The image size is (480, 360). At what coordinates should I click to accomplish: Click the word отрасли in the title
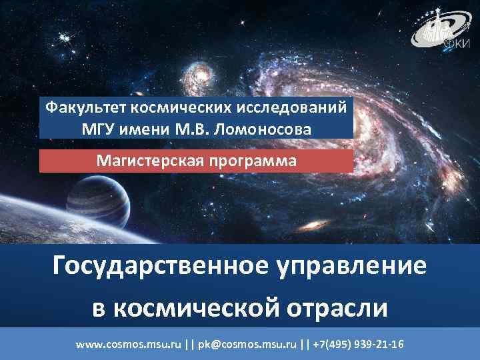pyautogui.click(x=340, y=307)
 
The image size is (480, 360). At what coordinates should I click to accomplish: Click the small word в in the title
pyautogui.click(x=97, y=309)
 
